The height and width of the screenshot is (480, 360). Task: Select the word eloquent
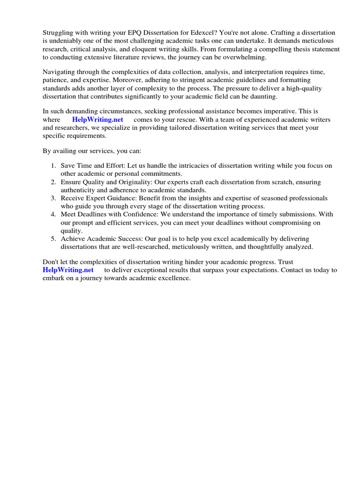pyautogui.click(x=142, y=49)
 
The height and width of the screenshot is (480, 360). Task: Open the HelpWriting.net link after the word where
pyautogui.click(x=97, y=120)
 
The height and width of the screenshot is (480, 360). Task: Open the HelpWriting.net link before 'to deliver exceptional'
pyautogui.click(x=68, y=270)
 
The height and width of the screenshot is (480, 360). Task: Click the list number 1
pyautogui.click(x=53, y=165)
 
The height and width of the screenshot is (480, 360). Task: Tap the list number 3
pyautogui.click(x=53, y=198)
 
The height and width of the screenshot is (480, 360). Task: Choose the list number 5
pyautogui.click(x=53, y=239)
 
